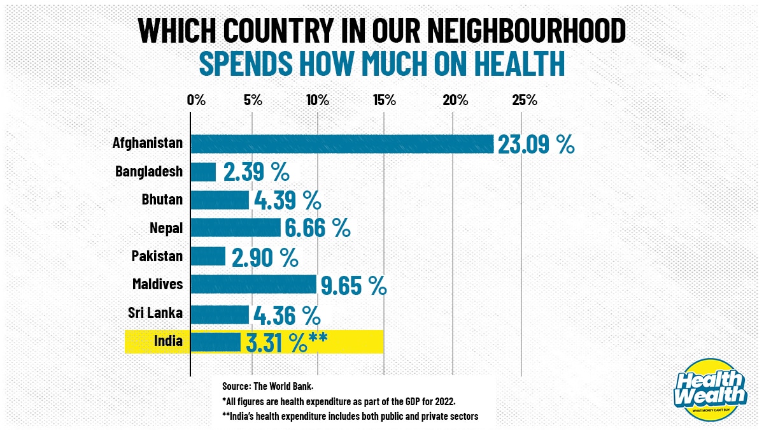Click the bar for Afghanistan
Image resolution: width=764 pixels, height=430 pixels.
tap(342, 144)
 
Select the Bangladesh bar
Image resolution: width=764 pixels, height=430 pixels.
tap(203, 172)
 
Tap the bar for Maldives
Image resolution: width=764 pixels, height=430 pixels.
tap(253, 284)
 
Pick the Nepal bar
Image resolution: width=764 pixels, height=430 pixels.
tap(236, 227)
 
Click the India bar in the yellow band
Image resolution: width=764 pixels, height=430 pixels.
tap(215, 341)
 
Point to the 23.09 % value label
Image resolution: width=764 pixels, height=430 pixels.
tap(536, 145)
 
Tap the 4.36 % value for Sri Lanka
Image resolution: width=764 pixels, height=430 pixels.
tap(286, 314)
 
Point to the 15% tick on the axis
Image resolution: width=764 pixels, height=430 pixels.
tap(385, 100)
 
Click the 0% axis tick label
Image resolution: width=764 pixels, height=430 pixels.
tap(195, 100)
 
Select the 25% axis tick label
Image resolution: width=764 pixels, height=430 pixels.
tap(525, 100)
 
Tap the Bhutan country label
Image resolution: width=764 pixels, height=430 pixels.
tap(162, 199)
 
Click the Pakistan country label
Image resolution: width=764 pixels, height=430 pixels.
tap(157, 256)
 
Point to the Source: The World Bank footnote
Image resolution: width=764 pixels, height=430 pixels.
tap(267, 386)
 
